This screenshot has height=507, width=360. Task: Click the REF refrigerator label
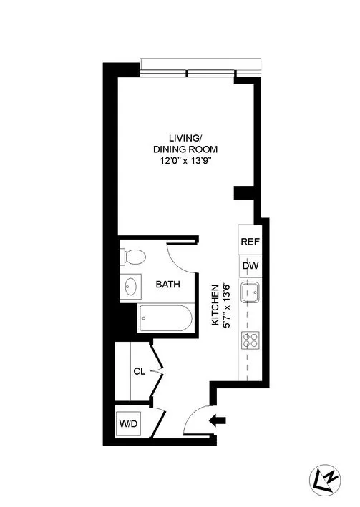point(249,242)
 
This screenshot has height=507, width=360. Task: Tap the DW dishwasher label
point(249,266)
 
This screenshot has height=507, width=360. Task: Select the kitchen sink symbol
point(250,292)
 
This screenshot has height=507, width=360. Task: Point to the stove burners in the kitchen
point(250,340)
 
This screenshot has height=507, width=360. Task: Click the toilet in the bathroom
point(133,256)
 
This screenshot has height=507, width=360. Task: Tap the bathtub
point(165,317)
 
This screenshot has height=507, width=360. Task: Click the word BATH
point(168,285)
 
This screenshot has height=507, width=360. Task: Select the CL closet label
point(140,371)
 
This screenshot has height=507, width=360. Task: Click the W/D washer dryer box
point(130,423)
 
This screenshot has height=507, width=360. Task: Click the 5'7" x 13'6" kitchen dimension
point(226,304)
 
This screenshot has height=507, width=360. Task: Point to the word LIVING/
point(183,138)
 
